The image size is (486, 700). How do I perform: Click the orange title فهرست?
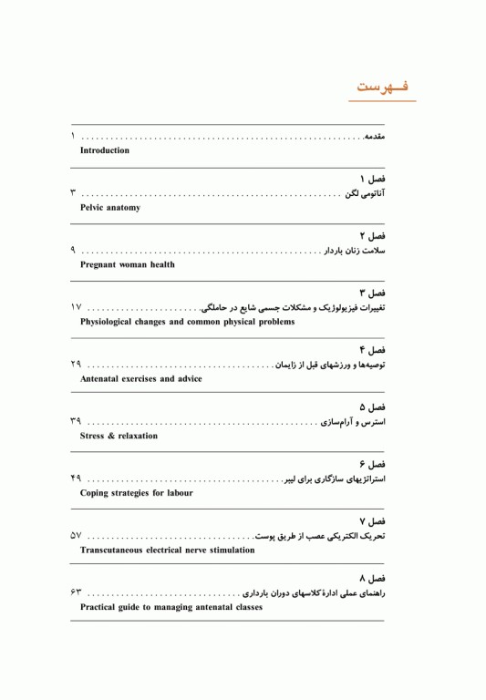click(x=382, y=87)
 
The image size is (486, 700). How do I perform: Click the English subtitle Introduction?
click(x=105, y=150)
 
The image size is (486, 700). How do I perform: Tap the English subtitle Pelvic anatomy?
click(x=110, y=208)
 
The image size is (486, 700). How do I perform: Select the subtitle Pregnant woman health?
click(x=128, y=265)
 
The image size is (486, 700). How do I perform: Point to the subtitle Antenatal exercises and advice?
click(x=141, y=379)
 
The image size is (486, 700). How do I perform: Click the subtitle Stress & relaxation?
click(x=119, y=436)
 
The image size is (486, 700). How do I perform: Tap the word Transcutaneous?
click(x=119, y=551)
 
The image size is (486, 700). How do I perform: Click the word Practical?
click(x=102, y=607)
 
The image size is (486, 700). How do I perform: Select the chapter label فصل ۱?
click(x=372, y=179)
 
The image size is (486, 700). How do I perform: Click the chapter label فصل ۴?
click(x=372, y=350)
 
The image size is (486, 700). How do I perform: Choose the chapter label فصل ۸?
click(x=372, y=578)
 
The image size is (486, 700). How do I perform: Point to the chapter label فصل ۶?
click(x=372, y=464)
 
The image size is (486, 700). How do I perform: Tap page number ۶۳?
click(x=76, y=593)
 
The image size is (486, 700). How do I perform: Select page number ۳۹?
click(x=76, y=422)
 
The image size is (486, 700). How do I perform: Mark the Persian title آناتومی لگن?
click(x=365, y=194)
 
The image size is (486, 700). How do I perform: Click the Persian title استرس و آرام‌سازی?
click(x=353, y=422)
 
